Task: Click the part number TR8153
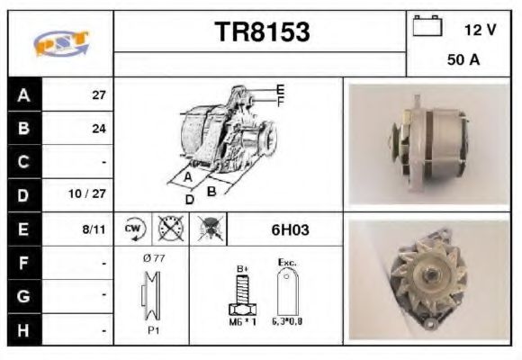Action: coord(262,32)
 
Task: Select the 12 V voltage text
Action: coord(480,30)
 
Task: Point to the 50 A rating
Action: coord(463,62)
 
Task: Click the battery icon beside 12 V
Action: coord(426,26)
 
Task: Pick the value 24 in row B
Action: coord(99,129)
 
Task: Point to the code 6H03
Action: coord(290,229)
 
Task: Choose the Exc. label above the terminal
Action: coord(287,263)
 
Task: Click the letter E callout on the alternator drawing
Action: coord(280,88)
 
